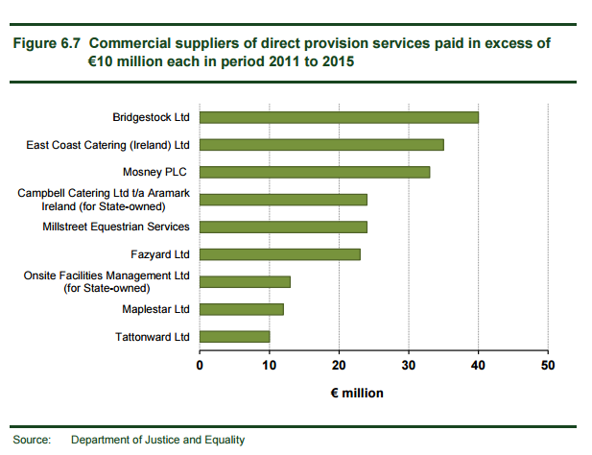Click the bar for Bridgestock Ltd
tap(339, 117)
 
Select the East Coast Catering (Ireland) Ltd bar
tap(321, 145)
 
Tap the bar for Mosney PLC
tap(315, 172)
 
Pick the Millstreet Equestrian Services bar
tap(283, 227)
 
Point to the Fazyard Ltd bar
tap(280, 254)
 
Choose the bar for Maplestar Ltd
tap(242, 309)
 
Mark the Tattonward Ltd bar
tap(235, 336)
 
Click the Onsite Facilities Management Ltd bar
tap(245, 281)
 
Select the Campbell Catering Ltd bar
tap(283, 200)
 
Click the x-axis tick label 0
tap(200, 365)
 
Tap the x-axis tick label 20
tap(339, 365)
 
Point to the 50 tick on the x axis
tap(547, 365)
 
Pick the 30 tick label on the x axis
tap(408, 365)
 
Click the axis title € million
tap(357, 393)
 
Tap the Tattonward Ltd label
tap(152, 336)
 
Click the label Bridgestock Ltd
tap(152, 117)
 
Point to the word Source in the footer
tap(31, 440)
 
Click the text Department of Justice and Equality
tap(157, 440)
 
